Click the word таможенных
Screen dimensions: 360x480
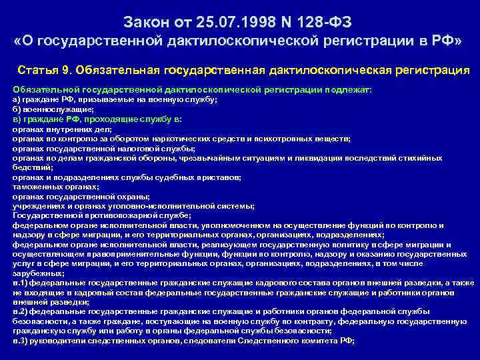pyautogui.click(x=31, y=188)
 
